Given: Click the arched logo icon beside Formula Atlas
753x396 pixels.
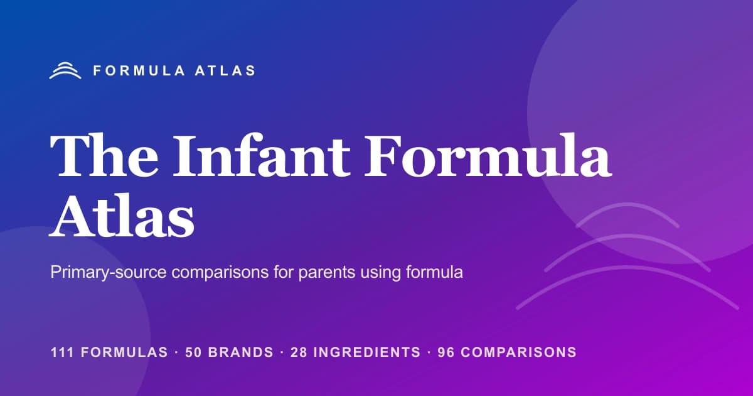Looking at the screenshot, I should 65,70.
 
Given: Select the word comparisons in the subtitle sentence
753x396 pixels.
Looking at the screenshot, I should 218,273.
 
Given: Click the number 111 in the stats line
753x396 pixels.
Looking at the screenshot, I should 61,352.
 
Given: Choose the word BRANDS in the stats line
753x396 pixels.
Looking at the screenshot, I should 242,352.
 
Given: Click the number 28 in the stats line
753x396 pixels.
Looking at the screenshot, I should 300,352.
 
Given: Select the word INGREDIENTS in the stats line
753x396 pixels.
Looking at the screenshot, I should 367,352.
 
